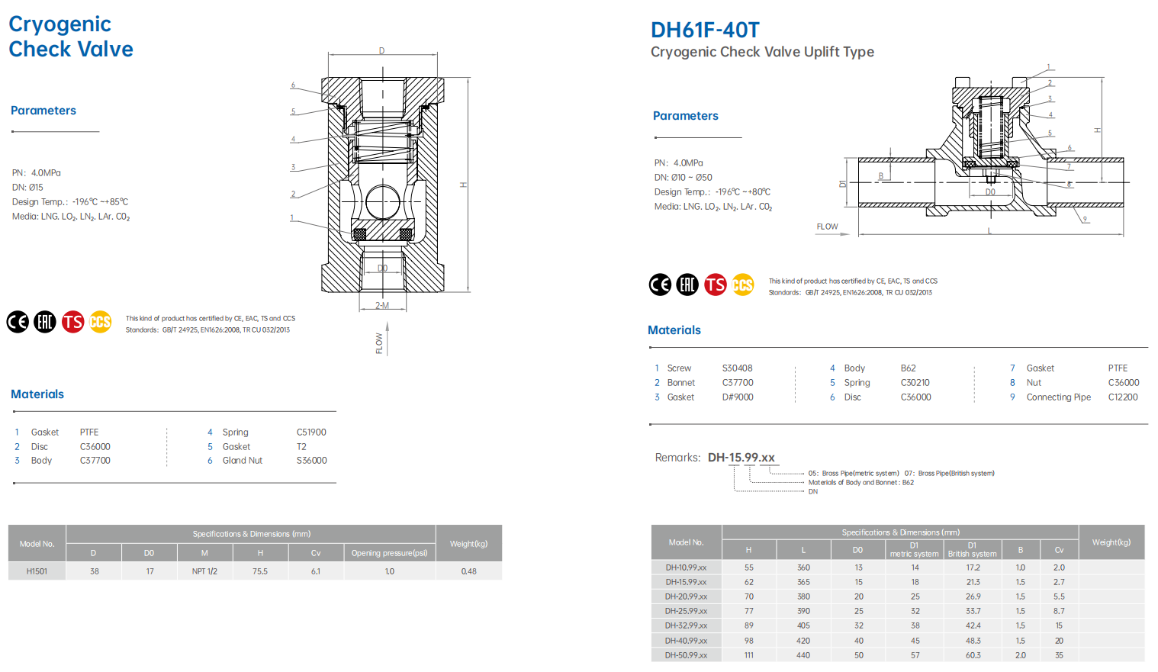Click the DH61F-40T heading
pyautogui.click(x=705, y=30)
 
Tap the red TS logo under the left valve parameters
pyautogui.click(x=72, y=322)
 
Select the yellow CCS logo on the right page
pyautogui.click(x=742, y=285)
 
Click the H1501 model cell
pyautogui.click(x=37, y=571)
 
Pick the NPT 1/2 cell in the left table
pyautogui.click(x=204, y=571)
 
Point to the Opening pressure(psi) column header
pyautogui.click(x=389, y=553)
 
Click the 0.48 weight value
pyautogui.click(x=468, y=571)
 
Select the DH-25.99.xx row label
pyautogui.click(x=686, y=611)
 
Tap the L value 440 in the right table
pyautogui.click(x=803, y=655)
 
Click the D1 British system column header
pyautogui.click(x=972, y=550)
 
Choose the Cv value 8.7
pyautogui.click(x=1059, y=611)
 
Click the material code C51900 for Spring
pyautogui.click(x=311, y=432)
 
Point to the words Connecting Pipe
pyautogui.click(x=1058, y=397)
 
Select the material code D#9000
pyautogui.click(x=738, y=397)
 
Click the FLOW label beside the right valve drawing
pyautogui.click(x=827, y=227)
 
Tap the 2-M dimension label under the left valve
pyautogui.click(x=382, y=306)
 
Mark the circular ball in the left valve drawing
pyautogui.click(x=382, y=203)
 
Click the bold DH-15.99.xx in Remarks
pyautogui.click(x=741, y=458)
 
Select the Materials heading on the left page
pyautogui.click(x=37, y=394)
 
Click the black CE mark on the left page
pyautogui.click(x=18, y=322)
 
